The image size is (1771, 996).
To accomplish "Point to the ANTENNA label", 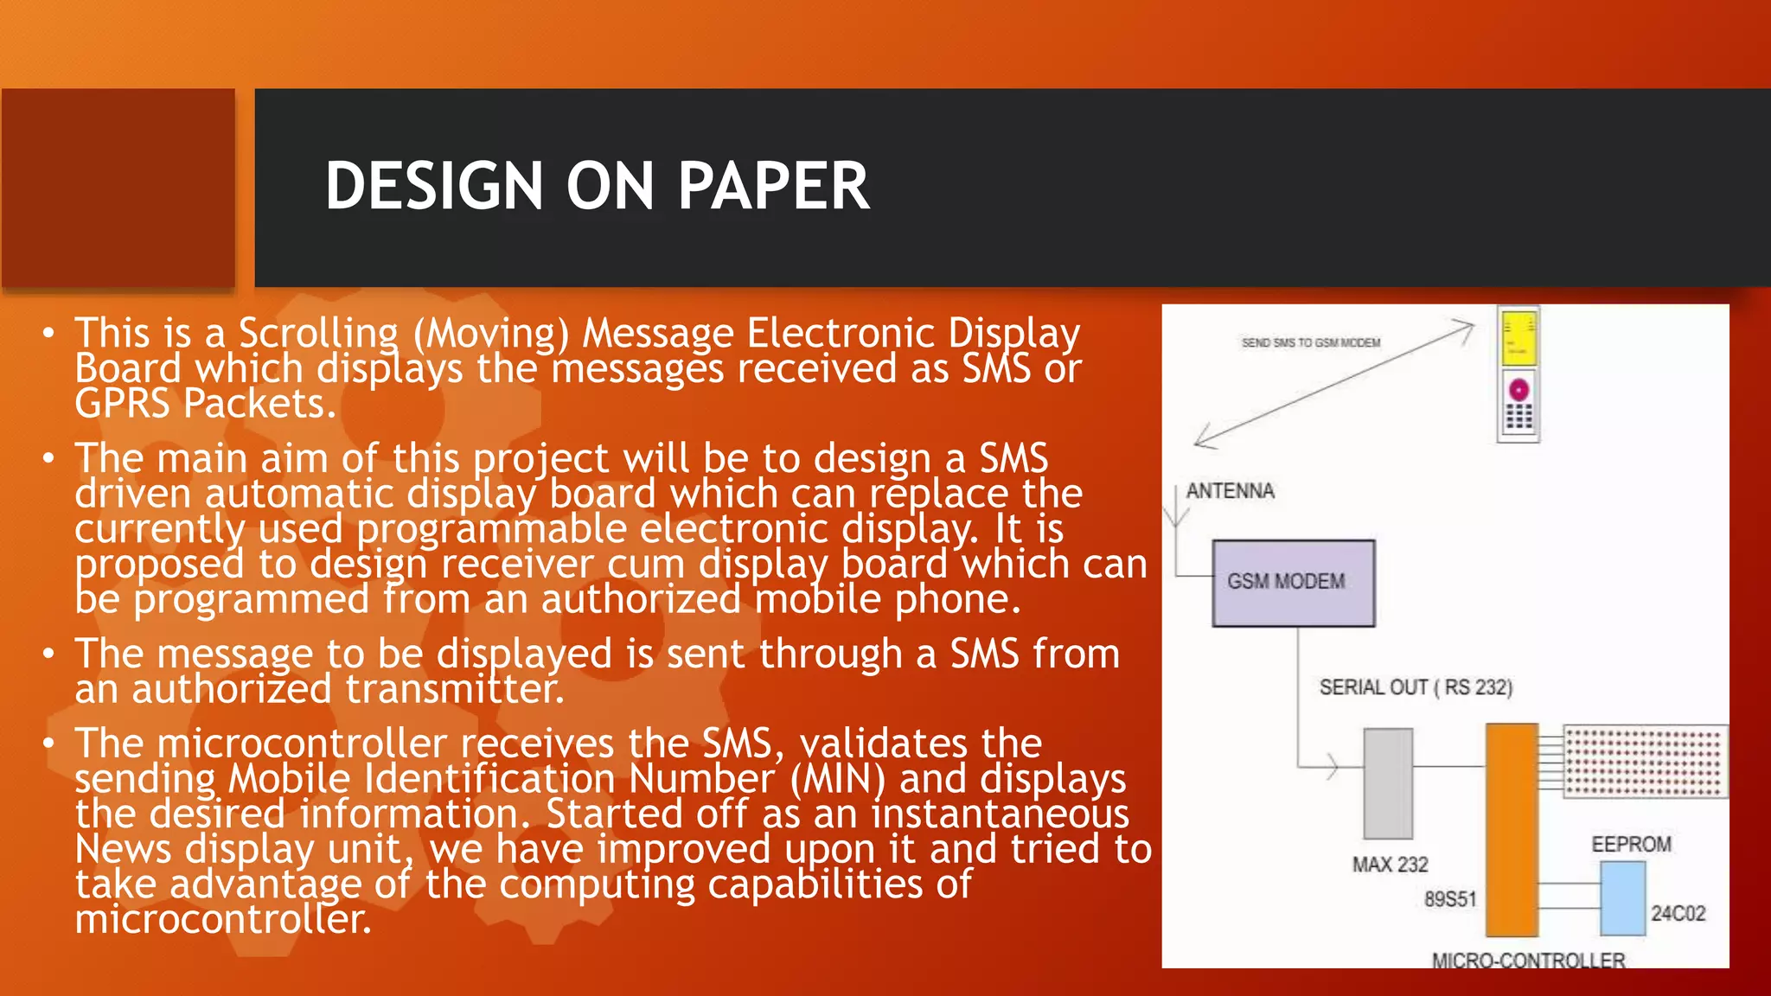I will point(1230,491).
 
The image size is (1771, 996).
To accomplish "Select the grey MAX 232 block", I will point(1388,783).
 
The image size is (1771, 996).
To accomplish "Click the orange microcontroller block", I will point(1512,830).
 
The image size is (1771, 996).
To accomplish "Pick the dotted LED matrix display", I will point(1645,762).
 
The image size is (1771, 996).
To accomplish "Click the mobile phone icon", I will point(1518,375).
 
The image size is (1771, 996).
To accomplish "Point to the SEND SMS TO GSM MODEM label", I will point(1311,343).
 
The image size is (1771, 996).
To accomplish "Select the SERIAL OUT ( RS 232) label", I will point(1416,687).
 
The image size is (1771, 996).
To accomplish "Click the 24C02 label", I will point(1678,914).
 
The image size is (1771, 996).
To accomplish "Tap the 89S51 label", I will point(1450,899).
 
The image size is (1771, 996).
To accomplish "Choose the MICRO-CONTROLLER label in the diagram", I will point(1528,960).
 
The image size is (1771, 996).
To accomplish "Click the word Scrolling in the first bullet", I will point(318,334).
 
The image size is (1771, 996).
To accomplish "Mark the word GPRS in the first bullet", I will point(122,404).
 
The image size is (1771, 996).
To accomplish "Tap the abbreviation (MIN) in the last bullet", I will point(837,779).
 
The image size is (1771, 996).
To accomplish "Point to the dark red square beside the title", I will point(118,187).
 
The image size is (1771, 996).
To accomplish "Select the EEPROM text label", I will point(1631,844).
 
